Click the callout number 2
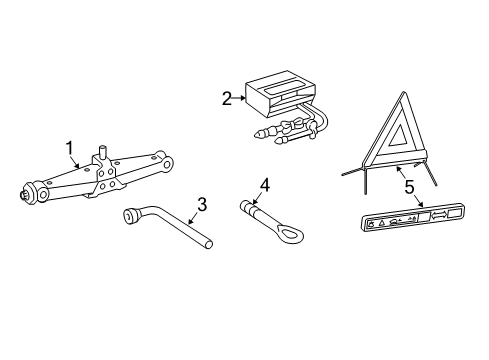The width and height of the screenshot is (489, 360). point(227,98)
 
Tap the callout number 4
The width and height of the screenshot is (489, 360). point(264,183)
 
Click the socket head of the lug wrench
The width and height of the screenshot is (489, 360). point(130,217)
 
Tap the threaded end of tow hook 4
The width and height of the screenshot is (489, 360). point(244,207)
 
